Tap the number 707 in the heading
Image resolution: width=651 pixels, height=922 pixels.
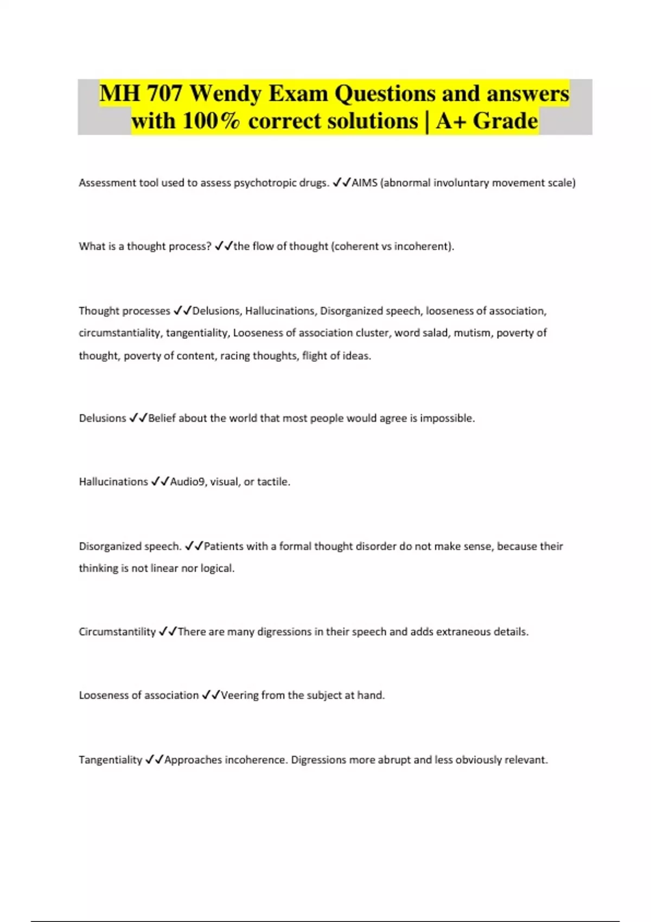(164, 94)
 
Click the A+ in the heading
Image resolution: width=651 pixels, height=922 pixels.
(451, 121)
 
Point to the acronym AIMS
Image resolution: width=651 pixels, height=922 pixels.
(365, 183)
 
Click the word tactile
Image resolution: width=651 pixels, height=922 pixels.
(273, 482)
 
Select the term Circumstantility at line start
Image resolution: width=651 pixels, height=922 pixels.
(117, 632)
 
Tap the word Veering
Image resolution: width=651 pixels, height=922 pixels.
(239, 695)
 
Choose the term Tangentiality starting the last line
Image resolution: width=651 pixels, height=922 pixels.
(111, 760)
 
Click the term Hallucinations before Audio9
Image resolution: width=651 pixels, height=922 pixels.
(113, 482)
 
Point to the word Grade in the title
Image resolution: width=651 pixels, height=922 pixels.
(505, 121)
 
